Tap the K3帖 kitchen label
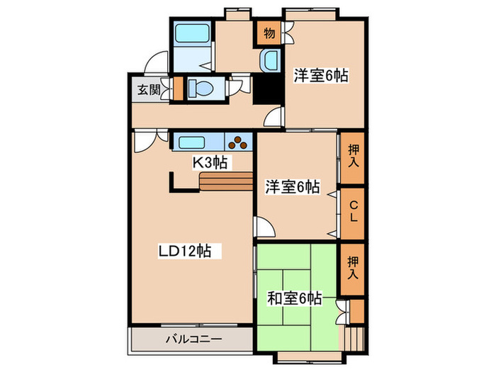210,162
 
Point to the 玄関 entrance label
149,89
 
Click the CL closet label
352,212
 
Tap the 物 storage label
269,32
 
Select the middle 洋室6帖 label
293,187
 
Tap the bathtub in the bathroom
190,33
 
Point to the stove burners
240,142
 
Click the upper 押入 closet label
352,157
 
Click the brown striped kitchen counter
225,182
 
